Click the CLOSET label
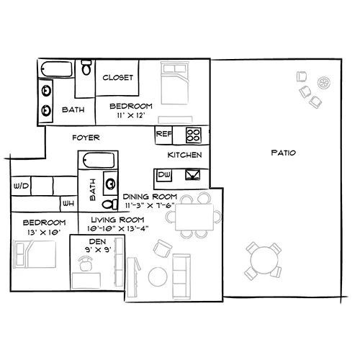117,78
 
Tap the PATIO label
284,153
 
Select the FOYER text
86,138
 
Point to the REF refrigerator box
163,135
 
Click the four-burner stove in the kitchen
194,135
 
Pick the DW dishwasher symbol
164,175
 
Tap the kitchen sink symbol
193,175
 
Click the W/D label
21,186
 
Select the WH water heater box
68,204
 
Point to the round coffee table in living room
158,276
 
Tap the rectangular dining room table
194,217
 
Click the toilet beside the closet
86,67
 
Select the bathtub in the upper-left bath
56,69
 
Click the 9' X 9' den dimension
98,250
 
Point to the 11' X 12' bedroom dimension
131,115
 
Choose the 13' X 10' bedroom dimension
44,233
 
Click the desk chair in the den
86,264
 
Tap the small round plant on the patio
324,83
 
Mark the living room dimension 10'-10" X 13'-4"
117,228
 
